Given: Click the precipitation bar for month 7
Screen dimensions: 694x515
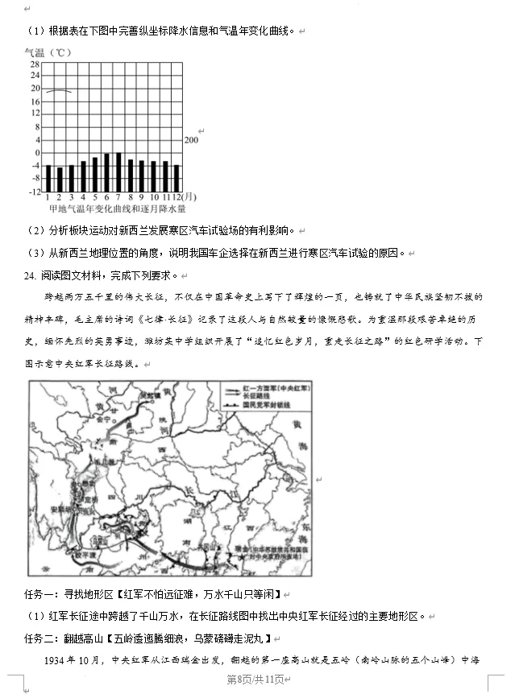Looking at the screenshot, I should coord(118,171).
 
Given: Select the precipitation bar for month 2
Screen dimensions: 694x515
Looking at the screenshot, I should coord(60,180).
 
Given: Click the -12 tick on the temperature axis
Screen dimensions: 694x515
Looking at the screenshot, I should coord(35,192).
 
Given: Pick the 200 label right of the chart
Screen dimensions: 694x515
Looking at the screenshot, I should coord(192,140).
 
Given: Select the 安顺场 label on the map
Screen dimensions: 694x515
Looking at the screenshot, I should coord(61,509).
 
